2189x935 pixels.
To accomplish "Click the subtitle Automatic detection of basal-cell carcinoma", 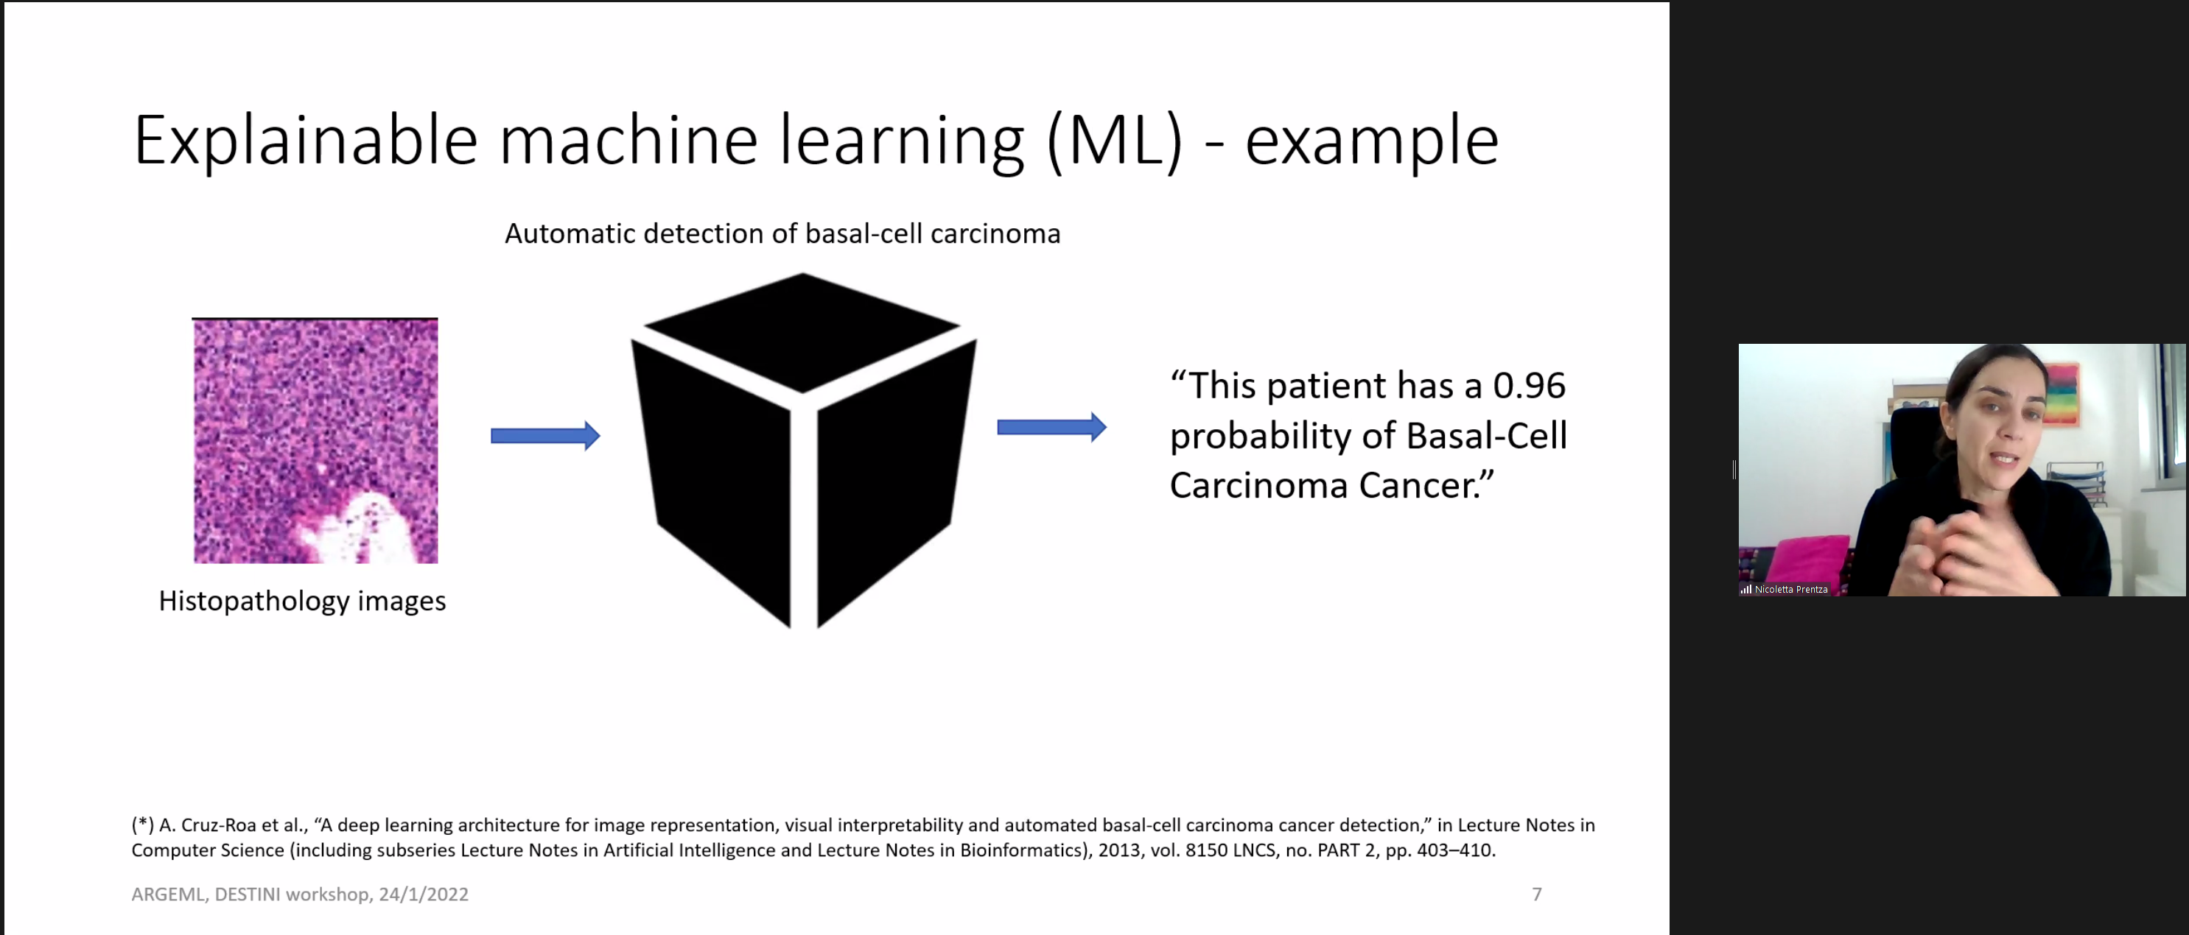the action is (782, 233).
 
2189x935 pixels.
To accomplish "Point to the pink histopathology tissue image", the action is (315, 441).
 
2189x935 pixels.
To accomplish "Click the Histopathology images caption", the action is (303, 601).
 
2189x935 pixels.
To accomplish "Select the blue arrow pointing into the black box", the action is (545, 436).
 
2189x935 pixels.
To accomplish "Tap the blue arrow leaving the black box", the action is (1052, 427).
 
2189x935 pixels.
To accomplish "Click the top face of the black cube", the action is (802, 331).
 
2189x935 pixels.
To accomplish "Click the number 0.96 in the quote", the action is (1529, 386).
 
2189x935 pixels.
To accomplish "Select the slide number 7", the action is (1536, 895).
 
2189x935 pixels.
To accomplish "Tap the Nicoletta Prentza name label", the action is (1790, 590).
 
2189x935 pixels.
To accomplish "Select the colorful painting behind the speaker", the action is (2060, 392).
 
